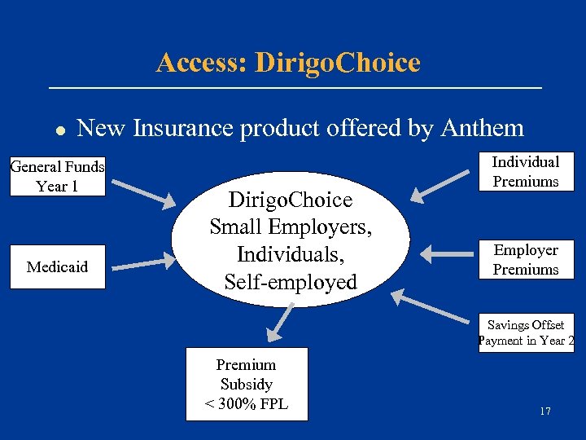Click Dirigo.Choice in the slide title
337,63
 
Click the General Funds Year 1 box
58,177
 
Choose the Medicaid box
58,266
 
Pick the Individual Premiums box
526,172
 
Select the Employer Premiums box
526,260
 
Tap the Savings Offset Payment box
526,332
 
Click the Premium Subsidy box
247,384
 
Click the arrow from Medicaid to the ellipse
142,261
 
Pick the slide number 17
544,411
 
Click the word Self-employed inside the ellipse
291,283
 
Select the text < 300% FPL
247,403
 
